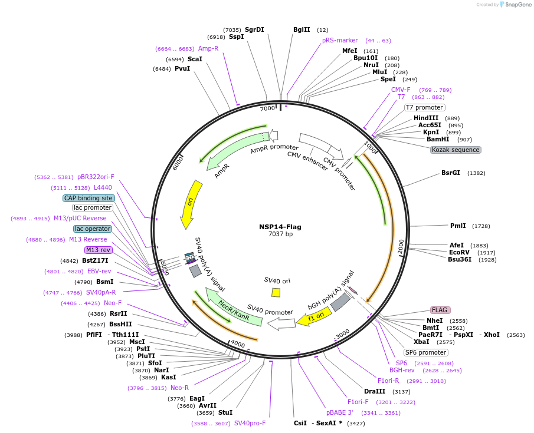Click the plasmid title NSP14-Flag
tap(280, 226)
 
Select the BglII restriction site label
tap(302, 29)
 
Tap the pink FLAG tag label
tap(440, 310)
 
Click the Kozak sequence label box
tap(456, 150)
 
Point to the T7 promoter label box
tap(424, 107)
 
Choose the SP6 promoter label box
tap(426, 352)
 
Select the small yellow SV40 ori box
tap(276, 293)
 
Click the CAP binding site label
tap(89, 198)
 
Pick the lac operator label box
tap(93, 229)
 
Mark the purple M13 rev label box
tap(98, 250)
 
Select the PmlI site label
tap(458, 226)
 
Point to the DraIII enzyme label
tap(375, 391)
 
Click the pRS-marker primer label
tap(340, 40)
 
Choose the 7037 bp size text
tap(280, 234)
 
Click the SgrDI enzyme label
tap(254, 29)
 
